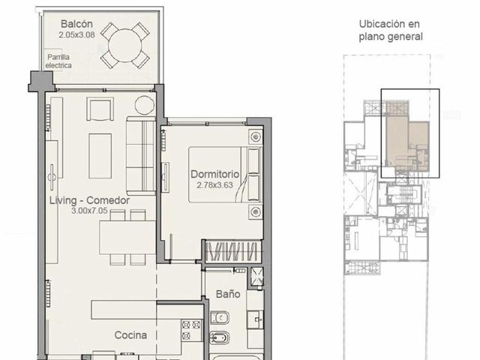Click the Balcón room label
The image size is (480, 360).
[x=76, y=24]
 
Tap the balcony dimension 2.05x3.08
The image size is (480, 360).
[x=76, y=34]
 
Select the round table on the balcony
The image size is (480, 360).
[x=125, y=46]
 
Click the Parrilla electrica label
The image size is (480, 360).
[x=58, y=61]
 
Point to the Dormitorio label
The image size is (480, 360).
[x=215, y=174]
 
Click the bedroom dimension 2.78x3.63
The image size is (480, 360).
[x=215, y=185]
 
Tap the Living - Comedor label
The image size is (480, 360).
[x=89, y=200]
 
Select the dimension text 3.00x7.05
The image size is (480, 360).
[x=89, y=211]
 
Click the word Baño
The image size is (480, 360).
[x=228, y=294]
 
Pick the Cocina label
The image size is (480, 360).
[x=130, y=335]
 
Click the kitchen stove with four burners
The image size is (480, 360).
[x=191, y=331]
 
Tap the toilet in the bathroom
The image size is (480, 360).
[x=220, y=318]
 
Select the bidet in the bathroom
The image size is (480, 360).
[x=219, y=338]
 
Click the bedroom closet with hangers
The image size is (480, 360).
[x=233, y=252]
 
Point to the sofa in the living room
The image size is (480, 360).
[x=141, y=155]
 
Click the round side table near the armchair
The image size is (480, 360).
[x=145, y=105]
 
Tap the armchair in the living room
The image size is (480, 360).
[x=100, y=109]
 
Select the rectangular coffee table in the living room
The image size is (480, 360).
[x=100, y=156]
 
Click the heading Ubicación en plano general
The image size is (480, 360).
[x=391, y=30]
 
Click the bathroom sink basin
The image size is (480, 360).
[x=256, y=319]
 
